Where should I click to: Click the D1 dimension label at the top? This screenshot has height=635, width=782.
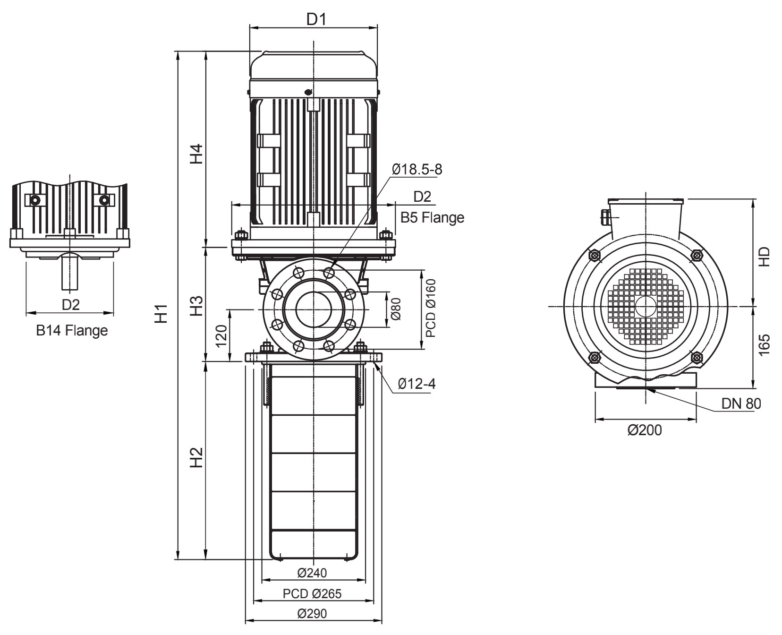(316, 19)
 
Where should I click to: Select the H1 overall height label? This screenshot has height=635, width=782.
(162, 314)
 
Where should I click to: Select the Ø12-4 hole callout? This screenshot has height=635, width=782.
(416, 384)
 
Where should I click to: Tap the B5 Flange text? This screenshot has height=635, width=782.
(432, 217)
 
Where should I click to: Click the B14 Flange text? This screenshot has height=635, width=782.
(72, 330)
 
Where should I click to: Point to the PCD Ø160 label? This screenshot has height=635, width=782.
(431, 308)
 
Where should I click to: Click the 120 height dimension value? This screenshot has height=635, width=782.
(222, 336)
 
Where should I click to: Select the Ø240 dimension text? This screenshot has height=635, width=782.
(312, 573)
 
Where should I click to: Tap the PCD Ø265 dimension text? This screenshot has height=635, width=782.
(312, 593)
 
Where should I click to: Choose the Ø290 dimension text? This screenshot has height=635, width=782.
(312, 614)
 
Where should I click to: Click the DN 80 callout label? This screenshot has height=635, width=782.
(741, 403)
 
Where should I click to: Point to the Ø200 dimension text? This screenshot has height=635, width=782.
(645, 430)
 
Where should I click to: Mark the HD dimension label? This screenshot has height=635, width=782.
(765, 257)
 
